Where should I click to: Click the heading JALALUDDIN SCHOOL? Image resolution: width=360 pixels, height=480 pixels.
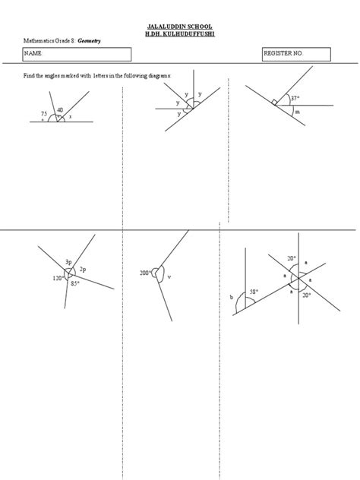[180, 26]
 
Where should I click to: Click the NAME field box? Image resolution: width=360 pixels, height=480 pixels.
[77, 55]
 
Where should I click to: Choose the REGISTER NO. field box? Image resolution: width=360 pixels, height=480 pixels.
[296, 55]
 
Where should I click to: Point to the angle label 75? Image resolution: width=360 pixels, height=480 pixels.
[44, 113]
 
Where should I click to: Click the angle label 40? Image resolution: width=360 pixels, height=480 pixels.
[60, 110]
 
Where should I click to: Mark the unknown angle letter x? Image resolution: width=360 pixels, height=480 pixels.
[70, 116]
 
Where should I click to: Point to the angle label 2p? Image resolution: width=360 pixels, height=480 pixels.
[83, 270]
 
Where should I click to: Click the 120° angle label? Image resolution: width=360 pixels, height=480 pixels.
[58, 279]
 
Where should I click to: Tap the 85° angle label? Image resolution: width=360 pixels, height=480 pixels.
[75, 284]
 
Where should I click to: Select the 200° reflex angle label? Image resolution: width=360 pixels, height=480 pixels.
[145, 273]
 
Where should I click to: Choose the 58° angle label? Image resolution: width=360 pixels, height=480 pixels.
[253, 292]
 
